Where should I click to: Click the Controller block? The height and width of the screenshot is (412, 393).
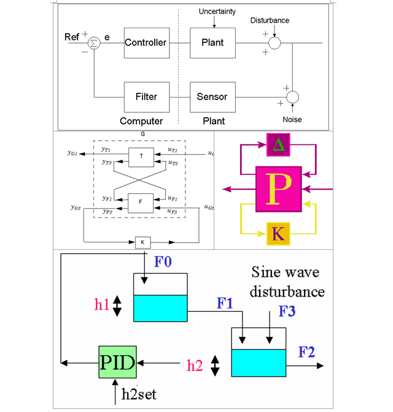click(146, 43)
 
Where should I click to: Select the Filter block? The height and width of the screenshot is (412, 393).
click(146, 96)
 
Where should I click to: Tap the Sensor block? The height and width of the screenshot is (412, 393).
click(212, 96)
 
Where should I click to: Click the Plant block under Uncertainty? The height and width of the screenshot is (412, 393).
click(212, 43)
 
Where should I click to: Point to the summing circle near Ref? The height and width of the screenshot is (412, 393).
click(93, 43)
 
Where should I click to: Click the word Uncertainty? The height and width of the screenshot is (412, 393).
click(217, 12)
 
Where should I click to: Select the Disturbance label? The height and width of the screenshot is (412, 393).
click(270, 20)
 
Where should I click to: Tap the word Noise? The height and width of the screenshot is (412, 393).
click(293, 119)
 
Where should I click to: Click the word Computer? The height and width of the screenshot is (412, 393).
click(141, 121)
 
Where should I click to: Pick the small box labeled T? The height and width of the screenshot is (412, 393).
click(141, 157)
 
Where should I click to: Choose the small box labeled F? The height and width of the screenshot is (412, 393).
click(141, 201)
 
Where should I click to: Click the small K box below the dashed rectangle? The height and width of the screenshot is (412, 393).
click(142, 243)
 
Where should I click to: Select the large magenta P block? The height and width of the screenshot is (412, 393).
click(278, 189)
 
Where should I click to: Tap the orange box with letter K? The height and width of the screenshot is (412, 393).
click(278, 234)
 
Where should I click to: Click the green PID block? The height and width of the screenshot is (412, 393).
click(117, 362)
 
